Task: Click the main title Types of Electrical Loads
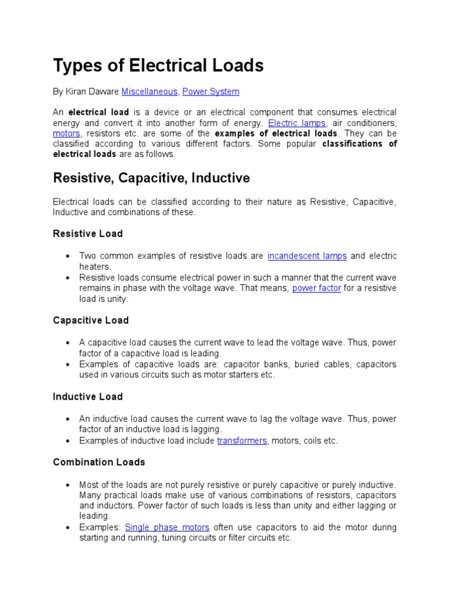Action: click(158, 66)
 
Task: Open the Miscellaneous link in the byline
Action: click(149, 92)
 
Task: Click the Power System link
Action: click(211, 92)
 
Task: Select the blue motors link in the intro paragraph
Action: click(66, 134)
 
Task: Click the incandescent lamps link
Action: click(307, 256)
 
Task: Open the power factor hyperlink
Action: click(316, 288)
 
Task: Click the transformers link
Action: click(242, 441)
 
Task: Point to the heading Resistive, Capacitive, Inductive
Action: click(151, 178)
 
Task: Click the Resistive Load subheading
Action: click(88, 234)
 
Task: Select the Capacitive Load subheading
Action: click(91, 321)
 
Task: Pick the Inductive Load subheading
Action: click(88, 397)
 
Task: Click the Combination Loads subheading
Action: click(99, 462)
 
